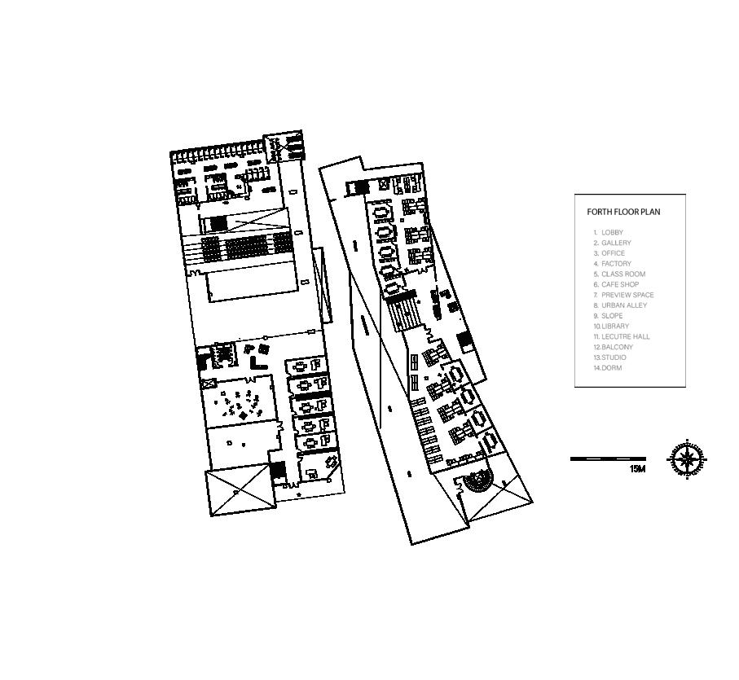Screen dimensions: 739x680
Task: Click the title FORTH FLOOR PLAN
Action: click(x=623, y=212)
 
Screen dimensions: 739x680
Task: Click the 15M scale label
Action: click(x=637, y=469)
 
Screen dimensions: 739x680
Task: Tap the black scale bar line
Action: click(x=608, y=459)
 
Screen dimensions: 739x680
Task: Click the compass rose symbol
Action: click(x=688, y=459)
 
